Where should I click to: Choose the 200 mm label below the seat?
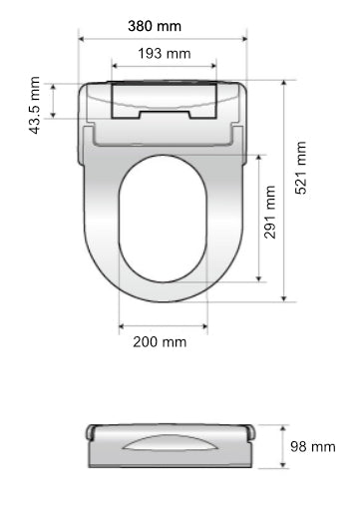pos(160,341)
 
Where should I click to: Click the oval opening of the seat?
pos(163,227)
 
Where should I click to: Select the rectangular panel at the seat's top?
pos(164,98)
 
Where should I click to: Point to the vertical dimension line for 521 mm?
pos(284,190)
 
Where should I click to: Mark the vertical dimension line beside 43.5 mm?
pos(52,101)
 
